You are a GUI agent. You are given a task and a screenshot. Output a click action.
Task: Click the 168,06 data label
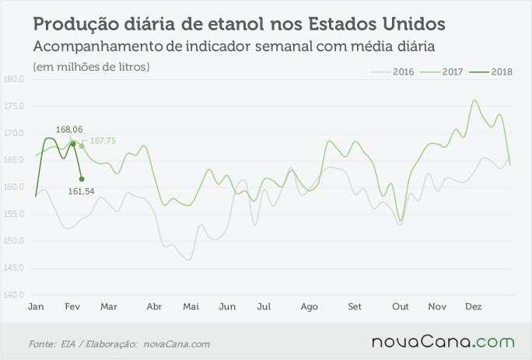[69, 129]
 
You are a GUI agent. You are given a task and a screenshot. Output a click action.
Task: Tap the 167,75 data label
[103, 141]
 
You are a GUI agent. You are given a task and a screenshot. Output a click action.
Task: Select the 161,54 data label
[81, 191]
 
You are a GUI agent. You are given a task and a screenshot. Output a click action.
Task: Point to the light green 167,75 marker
[82, 146]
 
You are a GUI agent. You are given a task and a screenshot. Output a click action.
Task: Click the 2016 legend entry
[393, 72]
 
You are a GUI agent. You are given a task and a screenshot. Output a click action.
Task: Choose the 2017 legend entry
[442, 72]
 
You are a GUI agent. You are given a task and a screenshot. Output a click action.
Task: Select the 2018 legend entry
[491, 72]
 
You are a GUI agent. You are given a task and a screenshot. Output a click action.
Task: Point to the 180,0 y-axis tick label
[13, 79]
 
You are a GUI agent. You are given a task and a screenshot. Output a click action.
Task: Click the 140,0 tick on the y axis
[13, 295]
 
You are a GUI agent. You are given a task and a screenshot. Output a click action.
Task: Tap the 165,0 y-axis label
[13, 160]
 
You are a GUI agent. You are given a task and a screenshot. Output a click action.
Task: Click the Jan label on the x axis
[36, 306]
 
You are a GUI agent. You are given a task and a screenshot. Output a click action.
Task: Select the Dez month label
[474, 306]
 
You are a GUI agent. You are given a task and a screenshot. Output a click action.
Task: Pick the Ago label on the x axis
[309, 307]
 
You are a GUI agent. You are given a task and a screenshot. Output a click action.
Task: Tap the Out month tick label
[401, 306]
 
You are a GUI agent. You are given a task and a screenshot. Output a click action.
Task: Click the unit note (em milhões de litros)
[91, 67]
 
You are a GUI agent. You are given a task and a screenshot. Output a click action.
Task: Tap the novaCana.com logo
[443, 342]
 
